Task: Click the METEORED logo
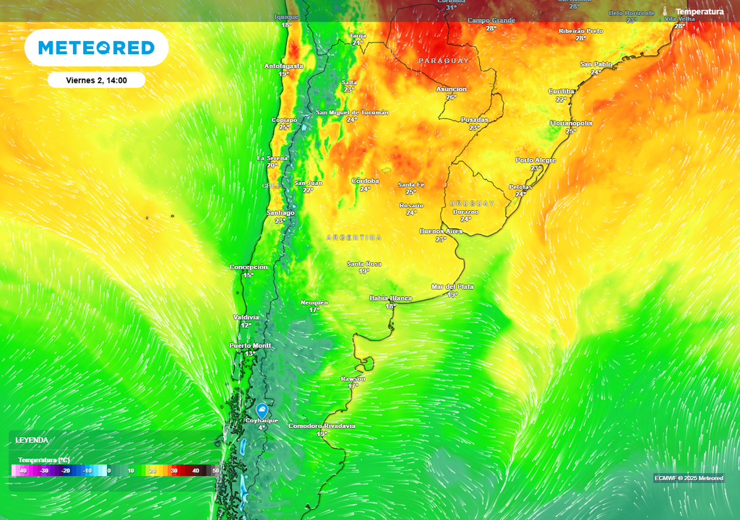pyautogui.click(x=96, y=48)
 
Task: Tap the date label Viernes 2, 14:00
pyautogui.click(x=96, y=80)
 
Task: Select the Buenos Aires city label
pyautogui.click(x=441, y=231)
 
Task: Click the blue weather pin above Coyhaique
pyautogui.click(x=262, y=409)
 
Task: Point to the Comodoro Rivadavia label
pyautogui.click(x=322, y=426)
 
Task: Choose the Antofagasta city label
pyautogui.click(x=283, y=66)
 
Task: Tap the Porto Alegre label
pyautogui.click(x=535, y=160)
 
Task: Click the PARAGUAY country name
pyautogui.click(x=444, y=61)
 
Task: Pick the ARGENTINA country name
pyautogui.click(x=353, y=237)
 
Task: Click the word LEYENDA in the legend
pyautogui.click(x=32, y=440)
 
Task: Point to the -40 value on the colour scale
pyautogui.click(x=23, y=471)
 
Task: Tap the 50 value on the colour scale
pyautogui.click(x=215, y=471)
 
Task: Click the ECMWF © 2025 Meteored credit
pyautogui.click(x=688, y=478)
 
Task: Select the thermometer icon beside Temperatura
pyautogui.click(x=664, y=12)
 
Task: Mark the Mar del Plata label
pyautogui.click(x=452, y=287)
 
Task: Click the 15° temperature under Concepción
pyautogui.click(x=248, y=275)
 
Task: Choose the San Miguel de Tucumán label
pyautogui.click(x=352, y=113)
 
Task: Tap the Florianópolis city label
pyautogui.click(x=571, y=123)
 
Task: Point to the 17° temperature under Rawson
pyautogui.click(x=353, y=386)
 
